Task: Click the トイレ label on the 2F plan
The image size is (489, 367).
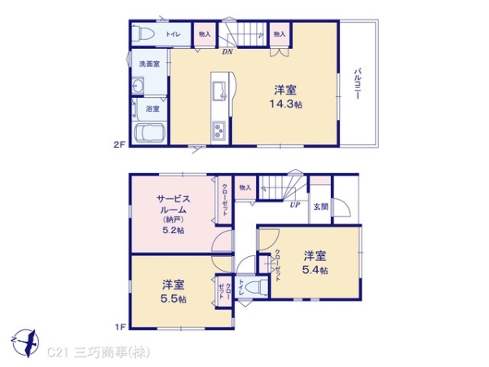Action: click(x=174, y=34)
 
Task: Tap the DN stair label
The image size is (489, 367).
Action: click(x=227, y=51)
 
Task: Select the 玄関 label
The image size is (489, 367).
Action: click(x=321, y=206)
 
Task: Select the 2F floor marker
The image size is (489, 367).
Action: click(x=118, y=145)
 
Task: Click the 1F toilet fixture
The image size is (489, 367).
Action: click(x=254, y=287)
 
